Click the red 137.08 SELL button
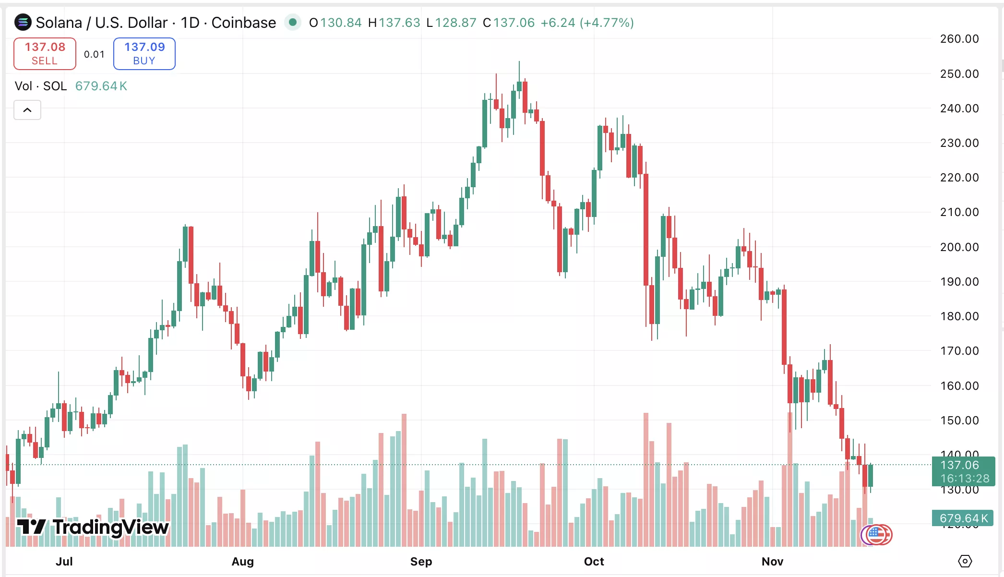click(x=45, y=53)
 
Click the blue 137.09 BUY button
click(x=144, y=53)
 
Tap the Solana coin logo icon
click(x=23, y=22)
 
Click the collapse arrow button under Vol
click(x=27, y=110)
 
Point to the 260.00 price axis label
click(x=959, y=39)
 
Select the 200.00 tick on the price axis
click(x=959, y=247)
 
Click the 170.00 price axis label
click(x=959, y=351)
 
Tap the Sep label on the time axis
click(x=421, y=561)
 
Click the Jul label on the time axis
click(x=64, y=561)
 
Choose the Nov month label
click(x=772, y=561)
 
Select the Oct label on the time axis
click(x=594, y=561)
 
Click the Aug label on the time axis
click(x=242, y=561)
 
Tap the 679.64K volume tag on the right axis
click(x=963, y=518)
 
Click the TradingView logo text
click(x=110, y=527)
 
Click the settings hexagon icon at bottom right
click(x=965, y=561)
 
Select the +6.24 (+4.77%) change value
click(x=587, y=23)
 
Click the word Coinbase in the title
click(x=243, y=23)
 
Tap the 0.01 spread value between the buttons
click(x=94, y=54)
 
